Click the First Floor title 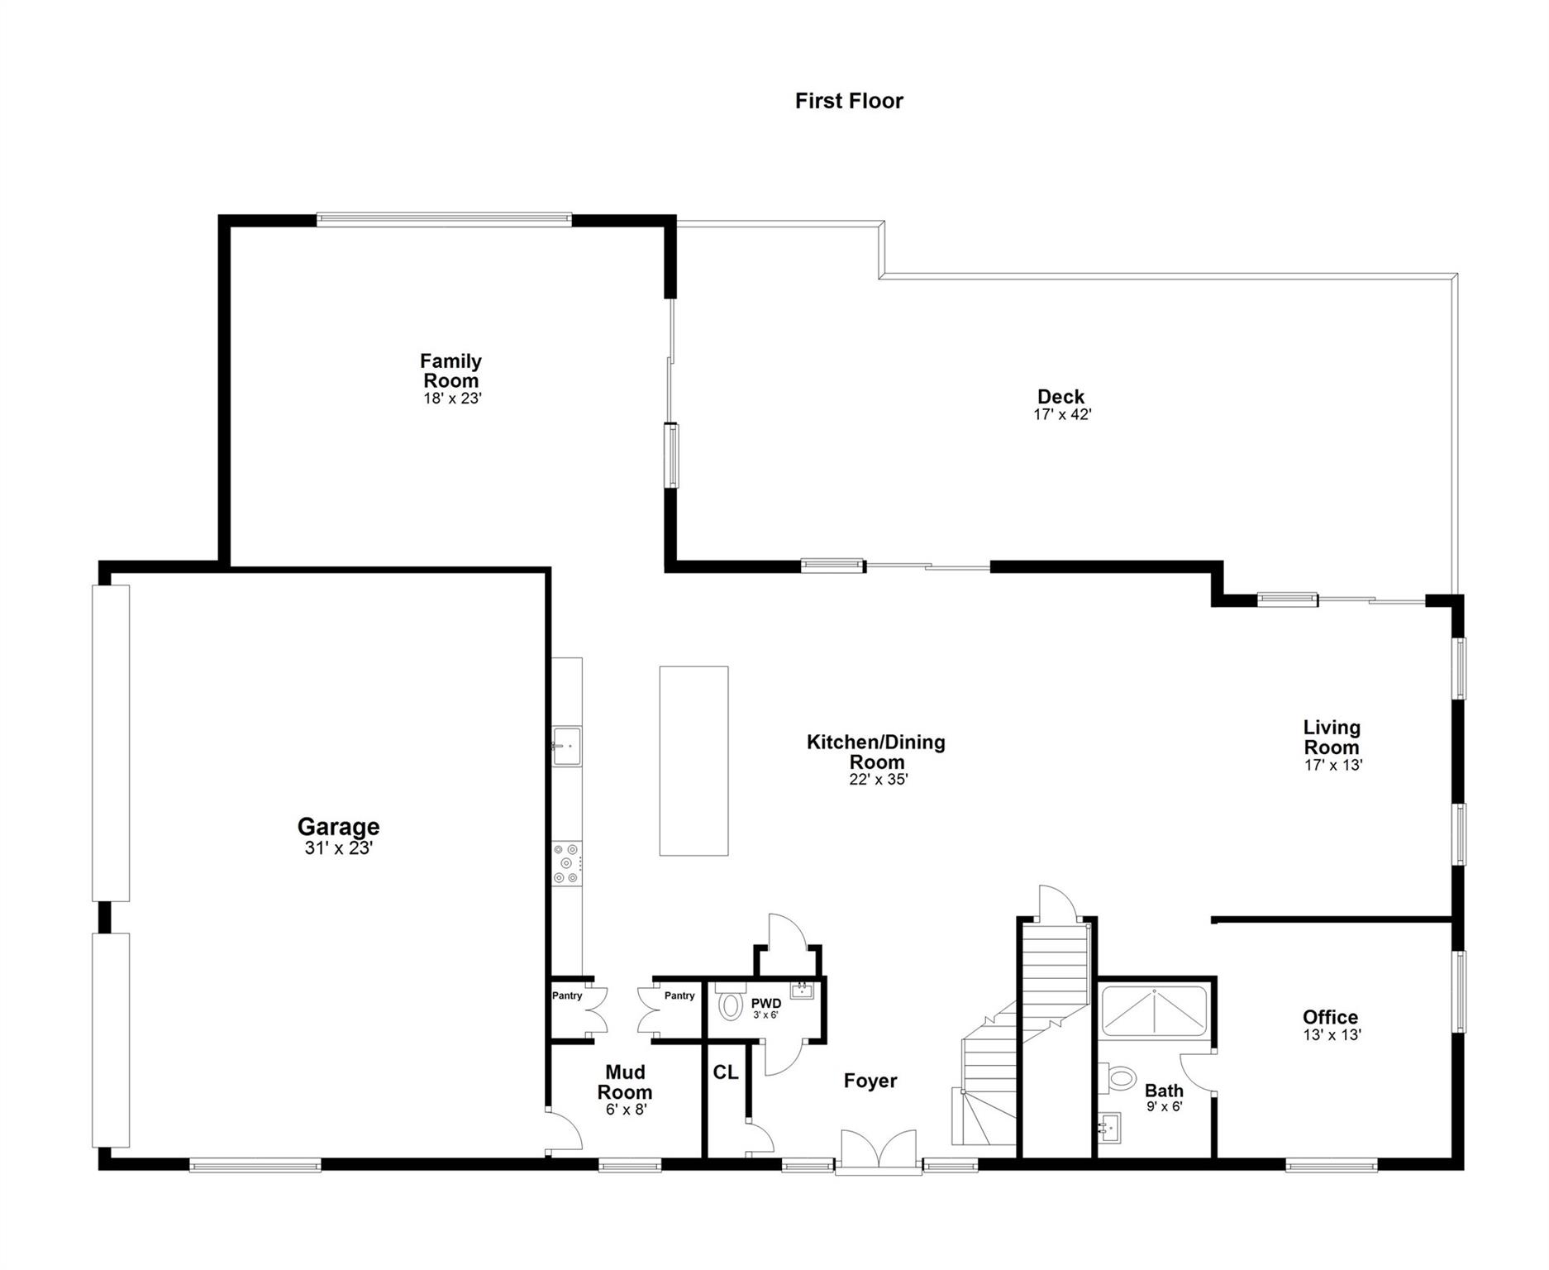coord(849,101)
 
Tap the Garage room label coord(338,826)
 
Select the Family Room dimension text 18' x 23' coord(452,398)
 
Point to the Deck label coord(1061,396)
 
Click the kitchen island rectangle coord(693,761)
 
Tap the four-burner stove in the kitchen coord(568,864)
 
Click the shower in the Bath coord(1155,1011)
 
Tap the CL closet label coord(725,1072)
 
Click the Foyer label coord(870,1081)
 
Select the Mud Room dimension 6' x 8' coord(626,1110)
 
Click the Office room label coord(1330,1017)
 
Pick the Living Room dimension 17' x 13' coord(1333,765)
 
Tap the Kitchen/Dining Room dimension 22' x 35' coord(879,779)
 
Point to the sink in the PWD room coord(802,990)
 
